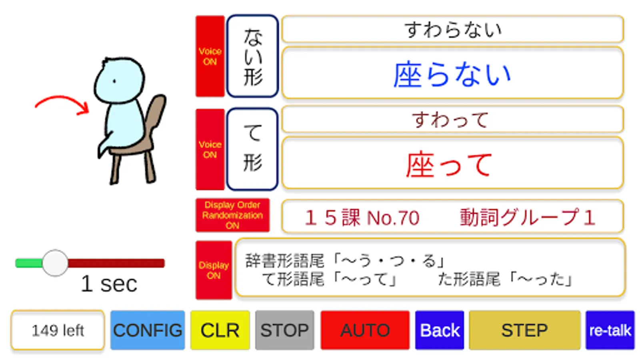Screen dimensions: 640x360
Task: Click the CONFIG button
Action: tap(148, 330)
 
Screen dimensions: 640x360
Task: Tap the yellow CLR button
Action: tap(220, 330)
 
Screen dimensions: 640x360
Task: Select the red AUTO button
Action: tap(365, 330)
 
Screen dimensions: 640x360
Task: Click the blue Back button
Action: tap(440, 330)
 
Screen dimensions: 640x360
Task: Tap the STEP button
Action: tap(524, 330)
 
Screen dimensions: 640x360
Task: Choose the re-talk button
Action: tap(610, 330)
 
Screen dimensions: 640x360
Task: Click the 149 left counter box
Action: tap(58, 330)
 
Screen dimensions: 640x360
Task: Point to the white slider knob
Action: tap(55, 263)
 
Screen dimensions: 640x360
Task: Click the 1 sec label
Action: tap(109, 284)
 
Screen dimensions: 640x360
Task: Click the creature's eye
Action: tap(114, 82)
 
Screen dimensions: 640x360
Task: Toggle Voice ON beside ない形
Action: tap(210, 56)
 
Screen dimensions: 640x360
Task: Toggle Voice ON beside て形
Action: tap(210, 150)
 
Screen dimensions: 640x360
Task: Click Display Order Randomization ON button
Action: tap(232, 215)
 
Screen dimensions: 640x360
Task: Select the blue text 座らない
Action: tap(452, 74)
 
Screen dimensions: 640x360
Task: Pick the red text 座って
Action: tap(449, 165)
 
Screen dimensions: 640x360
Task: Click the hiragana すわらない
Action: tap(453, 30)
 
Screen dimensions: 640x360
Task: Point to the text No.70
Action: tap(393, 218)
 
